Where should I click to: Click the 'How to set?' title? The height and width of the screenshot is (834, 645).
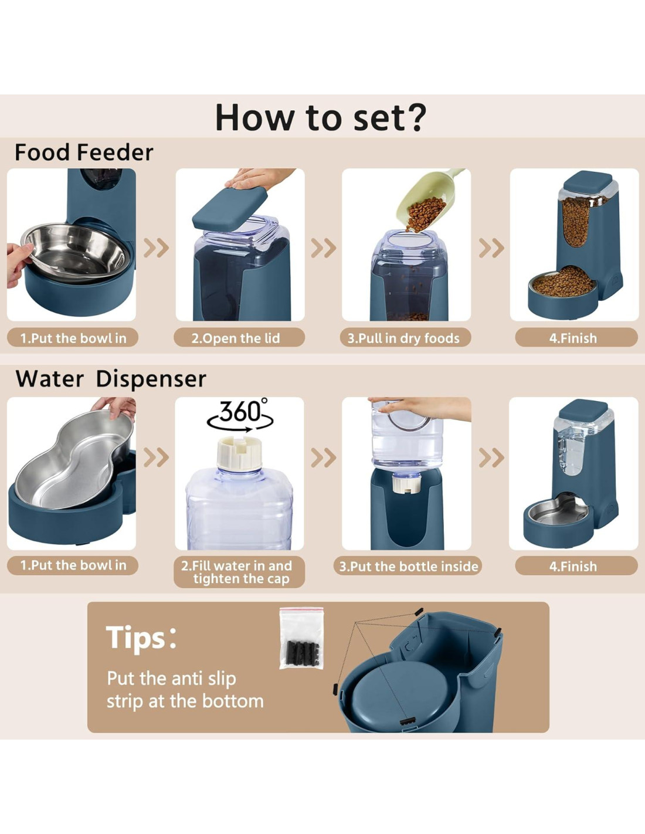[x=320, y=117]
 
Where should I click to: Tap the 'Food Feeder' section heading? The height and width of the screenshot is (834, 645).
[x=84, y=152]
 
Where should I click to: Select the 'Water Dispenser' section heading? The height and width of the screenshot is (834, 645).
[x=111, y=379]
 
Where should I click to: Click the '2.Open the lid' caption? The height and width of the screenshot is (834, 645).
[x=236, y=338]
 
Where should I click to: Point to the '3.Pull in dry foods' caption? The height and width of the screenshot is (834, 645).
[x=403, y=338]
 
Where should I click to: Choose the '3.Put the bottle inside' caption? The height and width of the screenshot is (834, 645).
[x=408, y=567]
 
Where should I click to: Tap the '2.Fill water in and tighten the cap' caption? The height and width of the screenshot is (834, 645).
[x=236, y=572]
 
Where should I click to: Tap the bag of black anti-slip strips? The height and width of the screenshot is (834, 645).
[x=302, y=638]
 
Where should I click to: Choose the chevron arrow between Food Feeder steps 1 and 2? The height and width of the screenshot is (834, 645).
[x=156, y=248]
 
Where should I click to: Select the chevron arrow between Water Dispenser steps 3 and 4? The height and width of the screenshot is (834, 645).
[x=491, y=457]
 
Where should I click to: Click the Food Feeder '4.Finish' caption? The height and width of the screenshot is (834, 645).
[x=573, y=338]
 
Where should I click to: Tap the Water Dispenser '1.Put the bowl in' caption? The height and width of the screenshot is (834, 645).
[x=73, y=565]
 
